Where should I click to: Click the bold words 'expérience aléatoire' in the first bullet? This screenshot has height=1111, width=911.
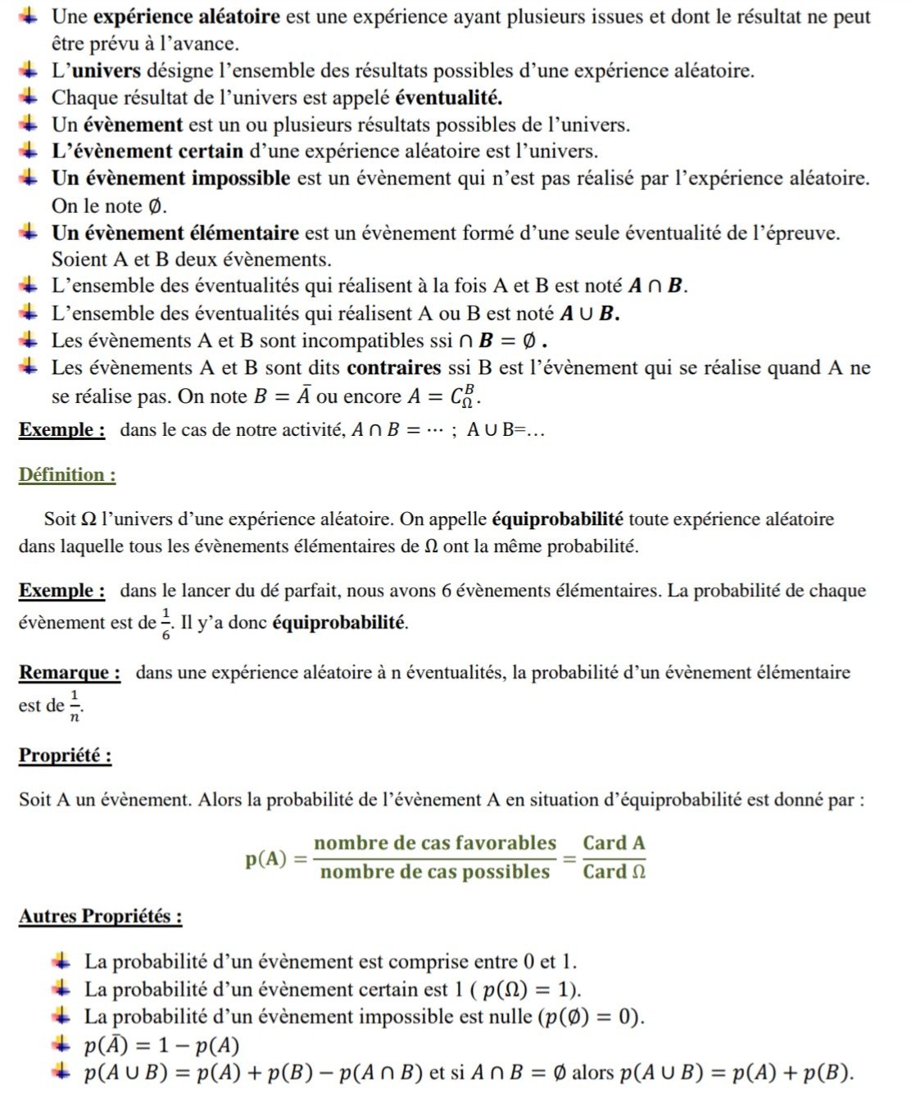(186, 16)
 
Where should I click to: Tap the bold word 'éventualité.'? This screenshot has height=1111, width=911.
(448, 97)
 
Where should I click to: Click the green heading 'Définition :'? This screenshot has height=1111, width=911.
(67, 474)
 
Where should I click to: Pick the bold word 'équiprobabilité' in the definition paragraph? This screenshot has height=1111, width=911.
(557, 519)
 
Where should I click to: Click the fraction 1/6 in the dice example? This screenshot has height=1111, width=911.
(165, 624)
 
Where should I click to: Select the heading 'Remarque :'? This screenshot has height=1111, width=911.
(70, 673)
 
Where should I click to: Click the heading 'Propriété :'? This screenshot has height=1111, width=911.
(65, 755)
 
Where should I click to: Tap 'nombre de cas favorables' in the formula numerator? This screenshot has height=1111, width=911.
(434, 843)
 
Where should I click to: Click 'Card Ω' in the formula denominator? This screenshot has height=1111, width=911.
(614, 872)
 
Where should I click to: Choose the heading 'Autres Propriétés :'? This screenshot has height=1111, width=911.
(100, 915)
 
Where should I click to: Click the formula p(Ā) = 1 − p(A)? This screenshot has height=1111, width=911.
(161, 1045)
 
